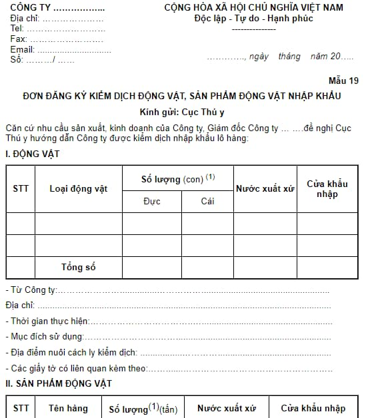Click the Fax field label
[x=19, y=39]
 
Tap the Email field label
[x=22, y=50]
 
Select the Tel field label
[x=17, y=29]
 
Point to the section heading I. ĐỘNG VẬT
[x=33, y=154]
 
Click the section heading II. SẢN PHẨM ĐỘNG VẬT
[x=59, y=383]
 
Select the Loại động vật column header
[x=78, y=188]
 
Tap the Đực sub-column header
[x=151, y=201]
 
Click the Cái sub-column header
[x=207, y=201]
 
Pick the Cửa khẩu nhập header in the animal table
[x=327, y=188]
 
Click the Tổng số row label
[x=78, y=267]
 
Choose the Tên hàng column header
[x=65, y=408]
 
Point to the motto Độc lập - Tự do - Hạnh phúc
[x=249, y=18]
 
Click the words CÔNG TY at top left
[x=30, y=8]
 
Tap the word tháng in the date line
[x=289, y=57]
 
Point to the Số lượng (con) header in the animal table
[x=177, y=178]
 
